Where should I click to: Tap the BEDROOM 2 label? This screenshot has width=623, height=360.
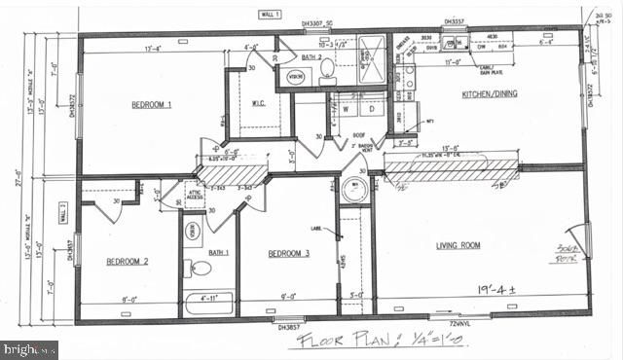(x=127, y=261)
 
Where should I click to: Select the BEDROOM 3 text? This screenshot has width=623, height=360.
(x=289, y=254)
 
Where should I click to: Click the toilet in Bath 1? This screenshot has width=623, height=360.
(x=201, y=269)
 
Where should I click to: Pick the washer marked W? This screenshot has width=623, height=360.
(x=346, y=110)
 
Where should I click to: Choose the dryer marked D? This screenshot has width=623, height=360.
(x=371, y=110)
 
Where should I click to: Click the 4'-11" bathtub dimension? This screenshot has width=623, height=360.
(x=209, y=299)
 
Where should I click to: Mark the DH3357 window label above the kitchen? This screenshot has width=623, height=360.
(x=455, y=21)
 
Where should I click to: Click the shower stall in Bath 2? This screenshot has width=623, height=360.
(x=370, y=58)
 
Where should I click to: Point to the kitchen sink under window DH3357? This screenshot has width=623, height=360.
(x=454, y=44)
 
